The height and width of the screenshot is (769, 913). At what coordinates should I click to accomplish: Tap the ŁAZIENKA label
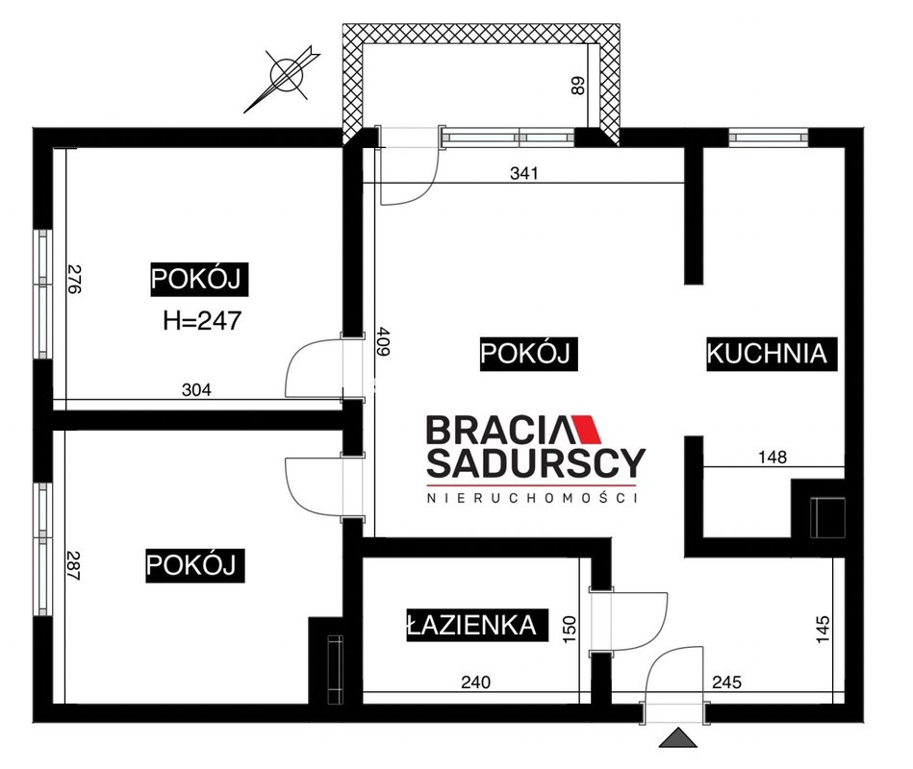(x=477, y=626)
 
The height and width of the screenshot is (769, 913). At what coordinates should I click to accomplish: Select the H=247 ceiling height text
(x=202, y=320)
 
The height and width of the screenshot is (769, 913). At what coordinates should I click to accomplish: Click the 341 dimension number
(x=524, y=173)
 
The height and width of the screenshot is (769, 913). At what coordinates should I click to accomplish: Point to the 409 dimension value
(x=383, y=341)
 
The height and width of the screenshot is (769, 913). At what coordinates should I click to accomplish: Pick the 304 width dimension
(x=196, y=389)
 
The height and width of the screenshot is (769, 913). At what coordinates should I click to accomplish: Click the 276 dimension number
(x=74, y=279)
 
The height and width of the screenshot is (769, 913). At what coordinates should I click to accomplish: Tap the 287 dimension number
(x=73, y=565)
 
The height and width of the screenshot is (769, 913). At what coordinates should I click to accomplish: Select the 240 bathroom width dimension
(x=475, y=682)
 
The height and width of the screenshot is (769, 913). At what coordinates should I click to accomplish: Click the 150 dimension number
(x=570, y=630)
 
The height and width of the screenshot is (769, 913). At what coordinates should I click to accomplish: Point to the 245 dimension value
(x=726, y=682)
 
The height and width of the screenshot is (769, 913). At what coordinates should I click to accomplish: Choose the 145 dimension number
(x=823, y=630)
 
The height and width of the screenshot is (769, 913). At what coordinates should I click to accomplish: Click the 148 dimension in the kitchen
(x=773, y=458)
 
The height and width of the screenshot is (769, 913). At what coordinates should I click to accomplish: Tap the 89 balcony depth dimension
(x=578, y=87)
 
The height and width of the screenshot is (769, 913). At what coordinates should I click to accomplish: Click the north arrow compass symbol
(x=286, y=76)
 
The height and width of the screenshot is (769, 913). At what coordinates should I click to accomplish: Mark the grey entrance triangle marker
(x=677, y=738)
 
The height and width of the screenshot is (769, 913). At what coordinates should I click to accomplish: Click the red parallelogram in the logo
(x=585, y=430)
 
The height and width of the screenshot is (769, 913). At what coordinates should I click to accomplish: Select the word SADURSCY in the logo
(x=536, y=462)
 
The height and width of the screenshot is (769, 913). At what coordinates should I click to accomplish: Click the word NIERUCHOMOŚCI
(x=532, y=498)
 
